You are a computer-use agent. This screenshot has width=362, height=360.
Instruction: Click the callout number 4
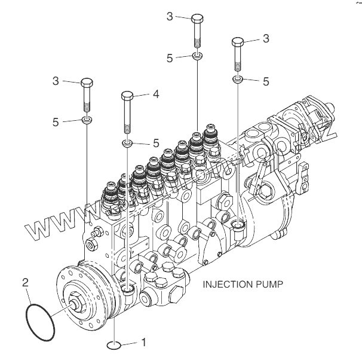[x=155, y=94]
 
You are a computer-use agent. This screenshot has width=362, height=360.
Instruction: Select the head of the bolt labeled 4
[x=127, y=95]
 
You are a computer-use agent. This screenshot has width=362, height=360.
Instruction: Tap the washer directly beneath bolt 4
[x=127, y=143]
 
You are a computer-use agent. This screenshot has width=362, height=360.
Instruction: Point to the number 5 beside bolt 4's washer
[x=156, y=143]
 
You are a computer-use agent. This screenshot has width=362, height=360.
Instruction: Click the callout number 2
[x=25, y=281]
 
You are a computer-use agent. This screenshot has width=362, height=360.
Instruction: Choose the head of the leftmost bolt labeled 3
[x=87, y=83]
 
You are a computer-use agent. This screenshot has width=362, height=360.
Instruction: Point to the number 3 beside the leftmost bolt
[x=55, y=81]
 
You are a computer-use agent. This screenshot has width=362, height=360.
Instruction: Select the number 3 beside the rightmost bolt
[x=266, y=38]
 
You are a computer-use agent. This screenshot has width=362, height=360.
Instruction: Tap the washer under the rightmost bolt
[x=238, y=79]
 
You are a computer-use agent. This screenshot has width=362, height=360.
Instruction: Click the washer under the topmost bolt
[x=198, y=56]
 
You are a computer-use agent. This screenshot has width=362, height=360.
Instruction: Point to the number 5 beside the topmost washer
[x=170, y=58]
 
